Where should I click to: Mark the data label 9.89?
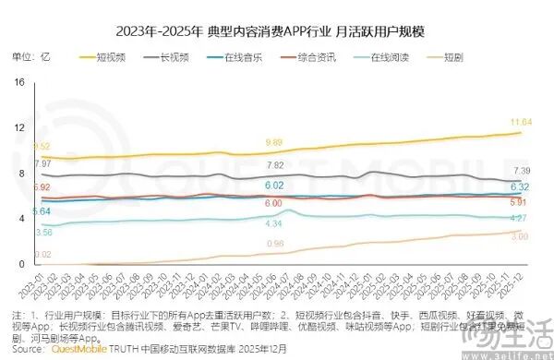pyautogui.click(x=273, y=142)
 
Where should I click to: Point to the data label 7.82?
pyautogui.click(x=274, y=165)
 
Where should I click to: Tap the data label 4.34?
pyautogui.click(x=273, y=224)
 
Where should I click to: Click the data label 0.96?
pyautogui.click(x=274, y=244)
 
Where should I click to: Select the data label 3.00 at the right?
pyautogui.click(x=519, y=237)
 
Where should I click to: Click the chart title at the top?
pyautogui.click(x=277, y=30)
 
